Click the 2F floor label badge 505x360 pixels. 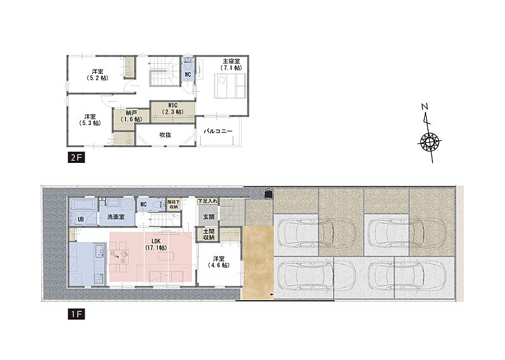tap(76, 157)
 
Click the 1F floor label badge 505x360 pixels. tap(76, 314)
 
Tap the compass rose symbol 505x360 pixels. tap(430, 141)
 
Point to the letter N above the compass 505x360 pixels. tap(425, 107)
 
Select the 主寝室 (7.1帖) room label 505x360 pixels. tap(231, 64)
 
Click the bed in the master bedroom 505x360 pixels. tap(230, 86)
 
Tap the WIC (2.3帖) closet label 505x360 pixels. tap(173, 109)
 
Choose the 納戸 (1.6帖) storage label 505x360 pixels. tap(131, 116)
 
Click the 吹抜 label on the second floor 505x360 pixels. tap(165, 135)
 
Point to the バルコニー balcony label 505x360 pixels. tap(218, 131)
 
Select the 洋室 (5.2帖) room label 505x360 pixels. tap(97, 75)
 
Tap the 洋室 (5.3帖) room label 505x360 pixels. tap(90, 120)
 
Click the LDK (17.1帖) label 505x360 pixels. tap(156, 244)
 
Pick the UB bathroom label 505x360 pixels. tap(81, 219)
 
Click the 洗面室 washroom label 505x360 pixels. tap(116, 217)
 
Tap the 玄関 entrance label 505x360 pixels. tap(209, 217)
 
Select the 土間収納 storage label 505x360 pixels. tap(209, 234)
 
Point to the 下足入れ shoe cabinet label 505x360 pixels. tap(208, 201)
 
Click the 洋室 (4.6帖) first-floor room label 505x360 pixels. tap(218, 262)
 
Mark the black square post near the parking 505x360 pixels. tap(268, 195)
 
